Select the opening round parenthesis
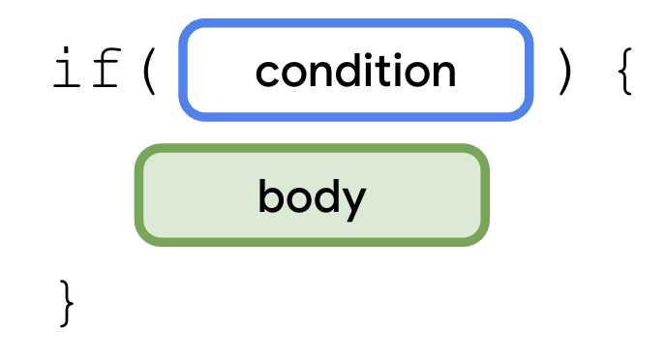tap(148, 73)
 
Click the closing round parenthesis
tap(564, 73)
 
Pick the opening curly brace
tap(624, 73)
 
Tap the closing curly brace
tap(66, 302)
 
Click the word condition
tap(355, 71)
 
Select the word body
tap(312, 196)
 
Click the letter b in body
tap(270, 195)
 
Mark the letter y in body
tap(355, 200)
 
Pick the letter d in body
tap(326, 195)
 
